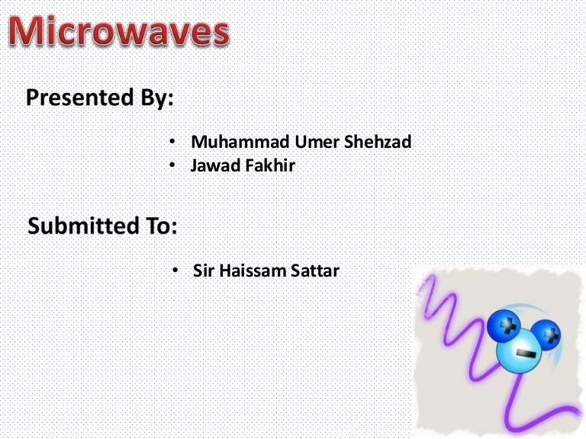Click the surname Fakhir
(269, 165)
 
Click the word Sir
(204, 271)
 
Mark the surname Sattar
(311, 271)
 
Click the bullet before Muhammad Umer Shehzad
(172, 143)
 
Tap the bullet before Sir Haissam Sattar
(175, 271)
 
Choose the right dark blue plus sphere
(546, 332)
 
